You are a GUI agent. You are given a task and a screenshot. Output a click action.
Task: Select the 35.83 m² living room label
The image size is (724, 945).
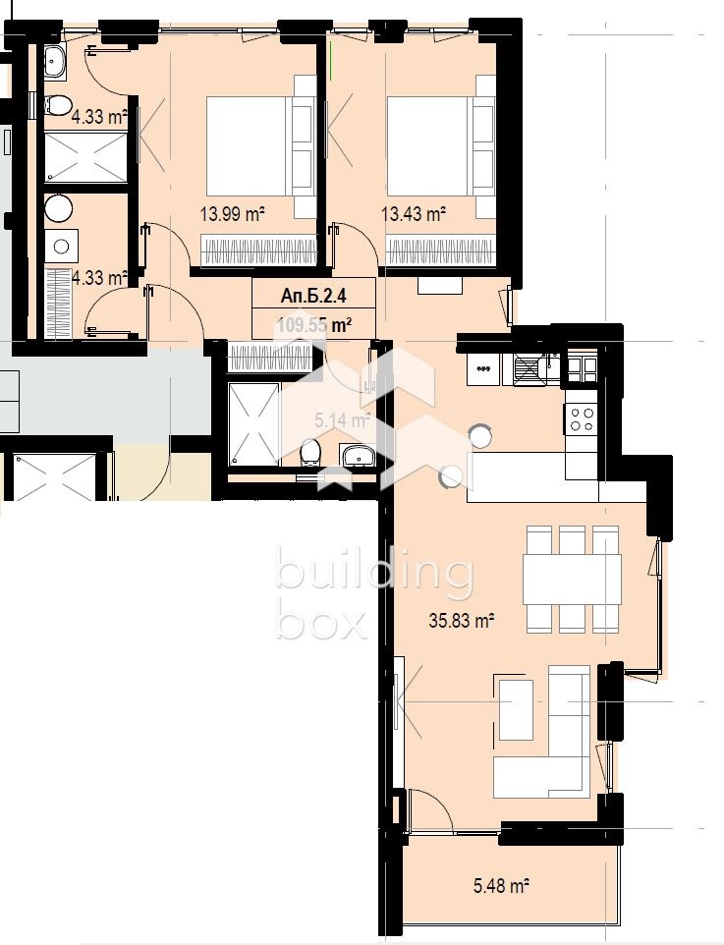(460, 620)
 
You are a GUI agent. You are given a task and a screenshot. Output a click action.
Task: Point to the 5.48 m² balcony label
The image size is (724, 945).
(501, 886)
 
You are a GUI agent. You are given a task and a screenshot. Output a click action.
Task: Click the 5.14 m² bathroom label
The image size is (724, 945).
(341, 421)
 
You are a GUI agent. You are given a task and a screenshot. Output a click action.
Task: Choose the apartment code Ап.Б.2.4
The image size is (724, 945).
(313, 294)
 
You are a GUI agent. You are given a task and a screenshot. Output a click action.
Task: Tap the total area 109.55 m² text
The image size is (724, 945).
(313, 323)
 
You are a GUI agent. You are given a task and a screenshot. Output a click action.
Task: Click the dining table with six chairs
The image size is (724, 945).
(572, 580)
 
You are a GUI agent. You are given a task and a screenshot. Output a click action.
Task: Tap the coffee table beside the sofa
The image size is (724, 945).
(516, 709)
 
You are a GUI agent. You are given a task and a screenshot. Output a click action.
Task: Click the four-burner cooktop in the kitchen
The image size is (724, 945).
(582, 419)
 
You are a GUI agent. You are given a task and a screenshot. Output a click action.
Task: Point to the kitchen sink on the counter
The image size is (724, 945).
(529, 369)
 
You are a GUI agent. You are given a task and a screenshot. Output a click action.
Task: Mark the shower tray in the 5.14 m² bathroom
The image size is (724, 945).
(253, 423)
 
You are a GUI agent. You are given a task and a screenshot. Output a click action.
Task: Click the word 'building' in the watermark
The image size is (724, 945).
(374, 575)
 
